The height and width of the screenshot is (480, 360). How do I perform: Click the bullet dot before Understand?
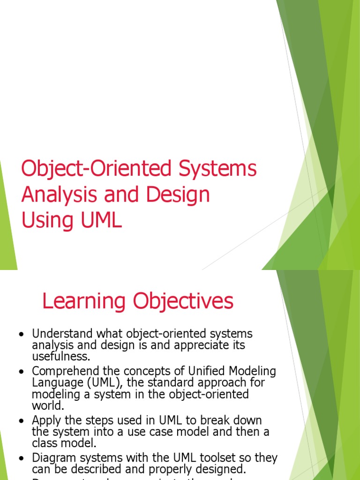(21, 335)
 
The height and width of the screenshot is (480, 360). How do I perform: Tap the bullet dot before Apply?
(21, 420)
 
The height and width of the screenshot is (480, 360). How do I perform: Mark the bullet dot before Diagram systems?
(21, 458)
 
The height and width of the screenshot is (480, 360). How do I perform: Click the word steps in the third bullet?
(103, 420)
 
